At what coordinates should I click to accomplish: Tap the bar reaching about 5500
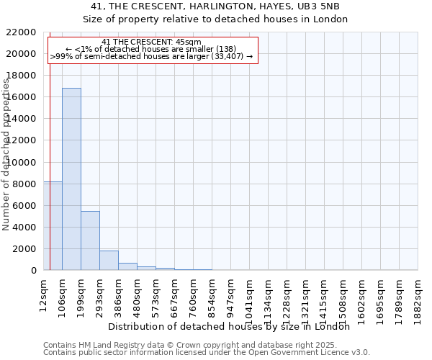coord(90,240)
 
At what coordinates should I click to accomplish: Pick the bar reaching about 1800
coord(109,261)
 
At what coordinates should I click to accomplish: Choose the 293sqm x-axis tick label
coord(100,294)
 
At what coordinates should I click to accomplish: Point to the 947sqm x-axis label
coord(231,294)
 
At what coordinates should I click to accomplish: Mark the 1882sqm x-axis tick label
coord(418,297)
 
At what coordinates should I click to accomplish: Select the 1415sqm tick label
coord(325,297)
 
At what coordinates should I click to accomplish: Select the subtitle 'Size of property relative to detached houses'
coord(215,19)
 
